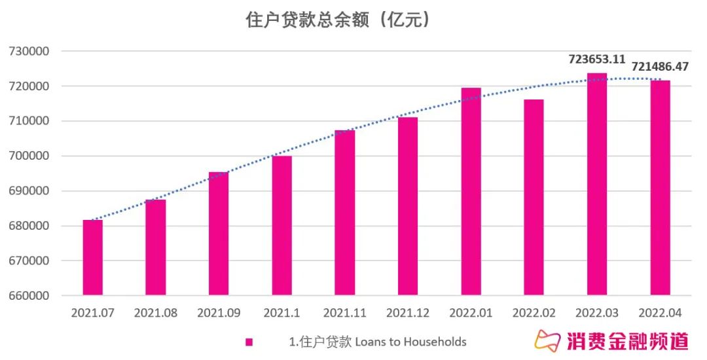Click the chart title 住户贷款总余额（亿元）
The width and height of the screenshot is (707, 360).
coord(338,20)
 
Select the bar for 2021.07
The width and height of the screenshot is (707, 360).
coord(92,258)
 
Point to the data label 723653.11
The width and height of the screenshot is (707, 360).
coord(596,59)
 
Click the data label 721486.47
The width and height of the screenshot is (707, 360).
coord(660,67)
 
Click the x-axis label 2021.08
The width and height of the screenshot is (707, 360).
coord(156,314)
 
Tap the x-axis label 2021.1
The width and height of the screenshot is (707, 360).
coord(281,314)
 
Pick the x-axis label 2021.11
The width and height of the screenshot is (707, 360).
coord(345,314)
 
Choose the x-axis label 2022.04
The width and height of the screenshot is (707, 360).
coord(660,314)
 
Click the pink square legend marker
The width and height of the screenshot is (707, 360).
coord(249,342)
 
